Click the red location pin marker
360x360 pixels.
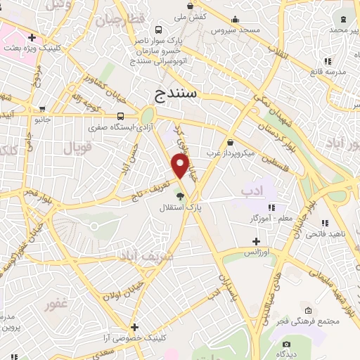(x=181, y=166)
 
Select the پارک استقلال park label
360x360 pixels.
(x=179, y=208)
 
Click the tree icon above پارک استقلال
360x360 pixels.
(x=179, y=197)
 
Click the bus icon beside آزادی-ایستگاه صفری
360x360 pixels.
(x=122, y=116)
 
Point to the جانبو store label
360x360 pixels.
(x=44, y=120)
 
